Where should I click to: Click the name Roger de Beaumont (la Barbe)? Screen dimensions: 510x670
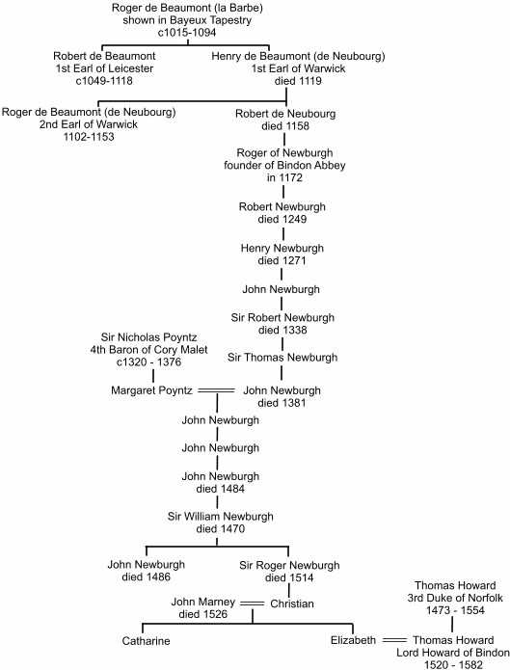(x=187, y=8)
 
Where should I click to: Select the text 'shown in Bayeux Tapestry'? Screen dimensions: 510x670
(x=187, y=20)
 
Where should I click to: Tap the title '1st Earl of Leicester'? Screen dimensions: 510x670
(x=104, y=68)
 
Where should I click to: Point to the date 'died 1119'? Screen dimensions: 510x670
(x=298, y=81)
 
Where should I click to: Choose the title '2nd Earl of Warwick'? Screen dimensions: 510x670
(x=89, y=124)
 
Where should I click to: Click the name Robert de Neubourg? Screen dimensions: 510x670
(x=285, y=114)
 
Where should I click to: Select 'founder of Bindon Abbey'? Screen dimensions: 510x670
(x=284, y=165)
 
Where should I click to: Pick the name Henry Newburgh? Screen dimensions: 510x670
(x=282, y=249)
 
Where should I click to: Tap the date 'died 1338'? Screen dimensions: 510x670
(x=282, y=330)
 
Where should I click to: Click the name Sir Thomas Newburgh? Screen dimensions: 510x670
(x=282, y=358)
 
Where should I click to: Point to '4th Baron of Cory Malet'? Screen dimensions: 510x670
(x=148, y=350)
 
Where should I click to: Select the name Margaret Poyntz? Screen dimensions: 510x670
(x=151, y=390)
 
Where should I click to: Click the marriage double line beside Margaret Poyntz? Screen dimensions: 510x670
(x=216, y=390)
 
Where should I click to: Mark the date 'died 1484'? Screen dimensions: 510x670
(x=220, y=489)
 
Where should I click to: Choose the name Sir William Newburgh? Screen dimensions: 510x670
(x=220, y=517)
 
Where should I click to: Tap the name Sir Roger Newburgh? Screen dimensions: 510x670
(x=289, y=565)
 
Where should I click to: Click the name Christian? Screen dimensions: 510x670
(x=292, y=603)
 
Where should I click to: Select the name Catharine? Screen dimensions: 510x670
(x=146, y=641)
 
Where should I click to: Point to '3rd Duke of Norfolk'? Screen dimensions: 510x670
(x=455, y=598)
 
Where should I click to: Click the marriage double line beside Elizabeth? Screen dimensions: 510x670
(x=394, y=640)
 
